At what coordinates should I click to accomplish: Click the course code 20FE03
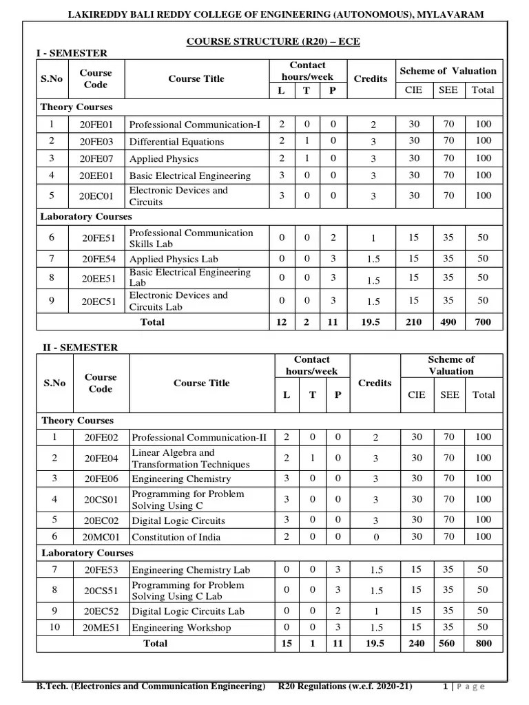(x=96, y=142)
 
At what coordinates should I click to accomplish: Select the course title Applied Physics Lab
(x=174, y=259)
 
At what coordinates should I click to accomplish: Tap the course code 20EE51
(x=96, y=278)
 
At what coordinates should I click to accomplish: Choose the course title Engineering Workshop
(x=181, y=628)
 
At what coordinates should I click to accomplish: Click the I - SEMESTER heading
(x=72, y=53)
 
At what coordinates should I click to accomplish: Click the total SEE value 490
(x=448, y=322)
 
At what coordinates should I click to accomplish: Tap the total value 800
(x=483, y=643)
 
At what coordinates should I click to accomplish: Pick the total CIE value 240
(x=416, y=643)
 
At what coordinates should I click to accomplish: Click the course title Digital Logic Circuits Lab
(x=188, y=611)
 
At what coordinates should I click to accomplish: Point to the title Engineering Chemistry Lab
(x=191, y=570)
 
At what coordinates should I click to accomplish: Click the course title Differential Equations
(x=176, y=142)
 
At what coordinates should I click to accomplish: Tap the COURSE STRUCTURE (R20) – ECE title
(x=273, y=42)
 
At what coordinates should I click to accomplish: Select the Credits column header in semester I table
(x=371, y=78)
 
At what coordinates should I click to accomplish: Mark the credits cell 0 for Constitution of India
(x=375, y=537)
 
